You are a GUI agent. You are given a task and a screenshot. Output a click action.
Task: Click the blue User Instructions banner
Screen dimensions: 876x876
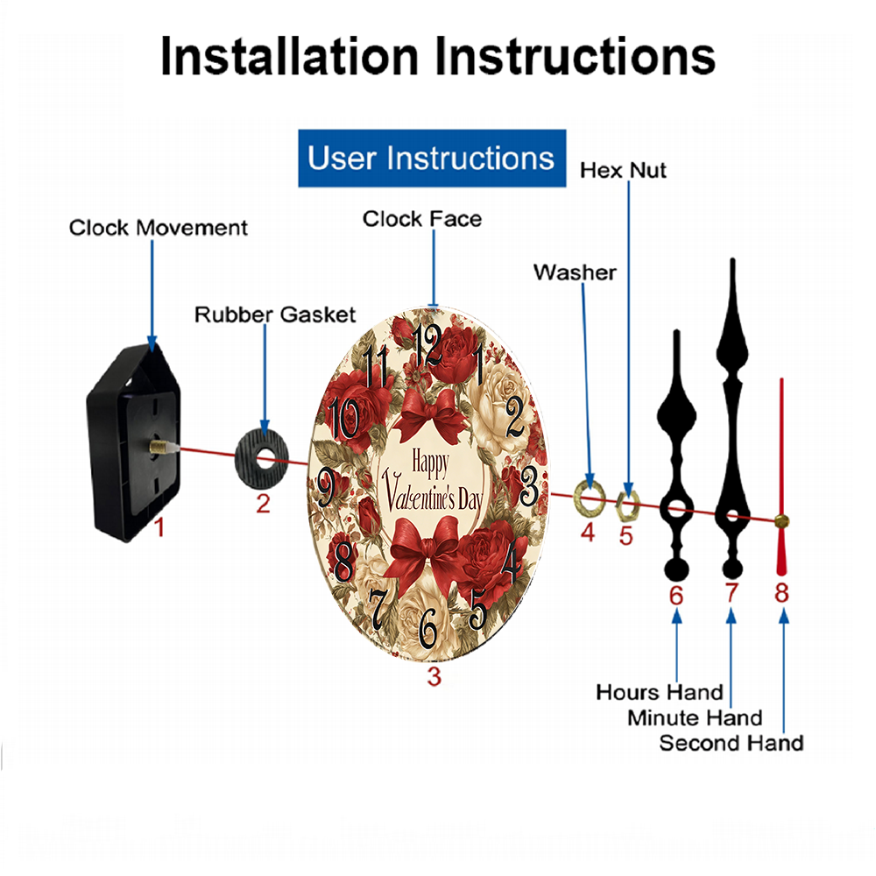coord(432,158)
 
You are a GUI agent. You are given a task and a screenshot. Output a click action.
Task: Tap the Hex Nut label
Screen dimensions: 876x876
coord(623,170)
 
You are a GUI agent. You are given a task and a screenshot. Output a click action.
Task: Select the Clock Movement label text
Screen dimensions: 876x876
coord(158,228)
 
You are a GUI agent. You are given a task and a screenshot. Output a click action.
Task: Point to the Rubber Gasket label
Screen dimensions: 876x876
coord(275,314)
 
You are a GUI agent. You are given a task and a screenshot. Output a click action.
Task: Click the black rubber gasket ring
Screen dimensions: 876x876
coord(262,458)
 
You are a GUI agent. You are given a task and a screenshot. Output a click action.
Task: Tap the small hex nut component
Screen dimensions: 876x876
coord(627,505)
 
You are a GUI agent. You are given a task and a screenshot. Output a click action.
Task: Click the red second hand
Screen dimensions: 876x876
coord(781,477)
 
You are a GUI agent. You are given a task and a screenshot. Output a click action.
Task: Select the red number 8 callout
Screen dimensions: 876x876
coord(781,593)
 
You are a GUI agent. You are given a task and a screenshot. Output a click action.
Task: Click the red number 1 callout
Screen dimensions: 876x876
coord(159,527)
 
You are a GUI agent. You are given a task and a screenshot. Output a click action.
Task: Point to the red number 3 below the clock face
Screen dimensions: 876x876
coord(434,676)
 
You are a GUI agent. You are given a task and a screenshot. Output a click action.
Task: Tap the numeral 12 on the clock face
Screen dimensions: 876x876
coord(427,344)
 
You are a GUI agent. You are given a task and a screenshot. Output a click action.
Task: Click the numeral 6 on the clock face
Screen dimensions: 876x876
coord(427,628)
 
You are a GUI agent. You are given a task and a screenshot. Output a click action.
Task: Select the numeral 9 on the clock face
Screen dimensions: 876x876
coord(326,487)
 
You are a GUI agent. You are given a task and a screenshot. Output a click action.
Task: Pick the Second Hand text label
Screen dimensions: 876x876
coord(731,743)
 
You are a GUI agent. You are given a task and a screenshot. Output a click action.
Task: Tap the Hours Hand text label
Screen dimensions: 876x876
coord(660,692)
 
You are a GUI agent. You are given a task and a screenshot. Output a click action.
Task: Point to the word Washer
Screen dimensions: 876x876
coord(575,272)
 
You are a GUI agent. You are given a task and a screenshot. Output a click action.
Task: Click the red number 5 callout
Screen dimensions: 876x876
coord(626,536)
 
